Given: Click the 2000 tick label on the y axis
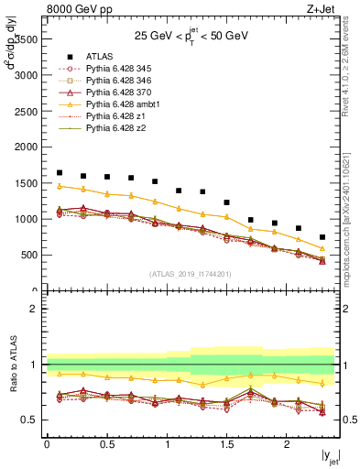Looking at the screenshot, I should (x=26, y=147).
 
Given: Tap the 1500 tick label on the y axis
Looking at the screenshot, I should (x=26, y=183).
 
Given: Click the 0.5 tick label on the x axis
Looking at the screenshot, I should (x=106, y=444).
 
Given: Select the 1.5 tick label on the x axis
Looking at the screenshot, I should (x=226, y=444).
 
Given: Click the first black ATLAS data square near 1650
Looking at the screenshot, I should (x=60, y=172).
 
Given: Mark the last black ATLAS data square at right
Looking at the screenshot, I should (x=322, y=237).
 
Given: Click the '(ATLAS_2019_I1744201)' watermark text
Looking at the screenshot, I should (x=191, y=273).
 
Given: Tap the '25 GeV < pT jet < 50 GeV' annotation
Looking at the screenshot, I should (x=190, y=38).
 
